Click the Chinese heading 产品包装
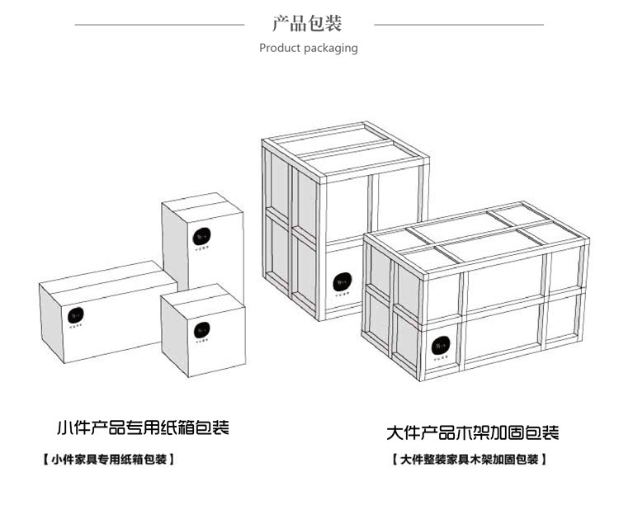(x=309, y=22)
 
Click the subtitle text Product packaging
(x=309, y=48)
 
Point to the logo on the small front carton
(x=201, y=330)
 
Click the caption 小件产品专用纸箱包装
(x=142, y=428)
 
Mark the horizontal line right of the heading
(x=459, y=25)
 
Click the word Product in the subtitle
(x=279, y=48)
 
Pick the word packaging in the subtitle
(x=330, y=48)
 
